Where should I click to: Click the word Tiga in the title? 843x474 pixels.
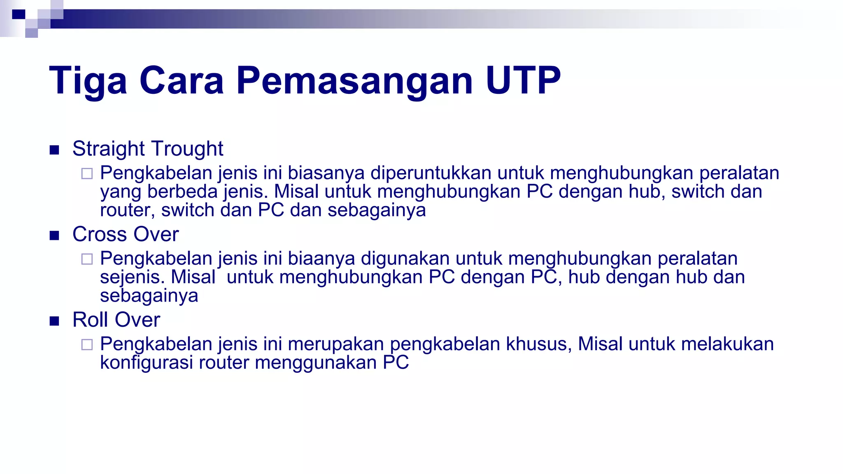click(88, 81)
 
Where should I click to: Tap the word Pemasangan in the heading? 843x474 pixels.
click(354, 81)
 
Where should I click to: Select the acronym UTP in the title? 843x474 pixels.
click(523, 81)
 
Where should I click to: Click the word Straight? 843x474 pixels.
click(109, 149)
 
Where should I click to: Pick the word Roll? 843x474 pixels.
click(90, 320)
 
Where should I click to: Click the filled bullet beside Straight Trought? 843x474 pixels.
click(54, 150)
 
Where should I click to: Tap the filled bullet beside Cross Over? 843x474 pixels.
click(54, 235)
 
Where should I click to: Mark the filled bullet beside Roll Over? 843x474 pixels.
click(54, 321)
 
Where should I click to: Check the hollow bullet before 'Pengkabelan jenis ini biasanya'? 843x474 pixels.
click(87, 174)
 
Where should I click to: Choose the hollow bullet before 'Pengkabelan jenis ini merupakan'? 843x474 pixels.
click(87, 344)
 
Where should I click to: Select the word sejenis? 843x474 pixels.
click(132, 277)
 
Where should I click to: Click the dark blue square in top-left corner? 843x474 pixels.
click(19, 14)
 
